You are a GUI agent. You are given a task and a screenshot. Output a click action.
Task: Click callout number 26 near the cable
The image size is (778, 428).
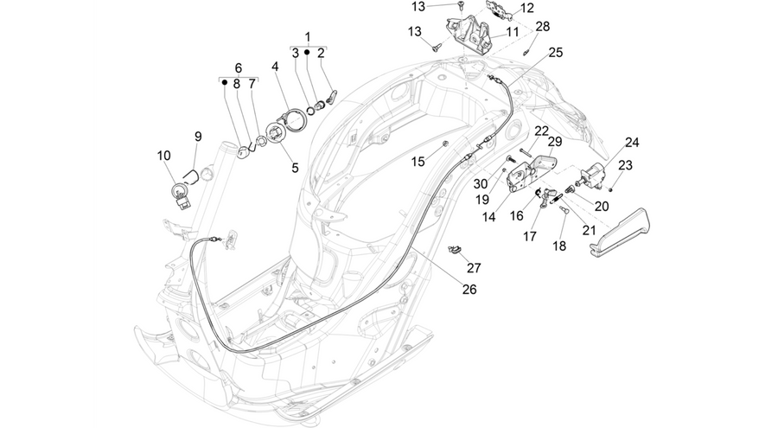pyautogui.click(x=469, y=290)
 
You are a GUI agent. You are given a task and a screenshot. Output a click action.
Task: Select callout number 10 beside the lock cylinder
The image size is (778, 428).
pyautogui.click(x=163, y=156)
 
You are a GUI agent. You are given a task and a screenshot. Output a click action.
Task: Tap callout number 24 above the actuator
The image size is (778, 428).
pyautogui.click(x=632, y=143)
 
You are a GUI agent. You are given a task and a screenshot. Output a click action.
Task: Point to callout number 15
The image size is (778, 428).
pyautogui.click(x=418, y=162)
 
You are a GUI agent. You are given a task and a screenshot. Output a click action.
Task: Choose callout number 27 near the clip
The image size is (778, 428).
pyautogui.click(x=474, y=268)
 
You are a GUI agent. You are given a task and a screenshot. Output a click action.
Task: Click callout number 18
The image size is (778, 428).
pyautogui.click(x=559, y=246)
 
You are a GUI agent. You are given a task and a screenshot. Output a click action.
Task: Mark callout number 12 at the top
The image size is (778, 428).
pyautogui.click(x=526, y=8)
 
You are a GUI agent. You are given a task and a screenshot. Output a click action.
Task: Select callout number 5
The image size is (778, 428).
pyautogui.click(x=296, y=169)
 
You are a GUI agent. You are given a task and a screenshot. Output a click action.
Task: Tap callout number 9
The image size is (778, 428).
pyautogui.click(x=198, y=137)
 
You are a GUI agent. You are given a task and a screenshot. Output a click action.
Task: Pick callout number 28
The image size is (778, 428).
pyautogui.click(x=543, y=26)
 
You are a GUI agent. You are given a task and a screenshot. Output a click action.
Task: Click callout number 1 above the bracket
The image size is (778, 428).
pyautogui.click(x=308, y=36)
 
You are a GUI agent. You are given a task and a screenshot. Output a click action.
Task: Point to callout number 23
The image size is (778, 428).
pyautogui.click(x=625, y=165)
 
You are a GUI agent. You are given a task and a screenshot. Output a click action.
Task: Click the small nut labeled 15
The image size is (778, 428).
pyautogui.click(x=445, y=144)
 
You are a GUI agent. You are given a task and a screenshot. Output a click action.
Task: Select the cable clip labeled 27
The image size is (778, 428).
pyautogui.click(x=454, y=249)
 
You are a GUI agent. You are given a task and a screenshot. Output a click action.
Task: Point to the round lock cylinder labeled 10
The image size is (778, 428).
pyautogui.click(x=179, y=193)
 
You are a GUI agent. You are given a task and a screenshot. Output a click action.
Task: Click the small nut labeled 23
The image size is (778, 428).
pyautogui.click(x=611, y=189)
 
